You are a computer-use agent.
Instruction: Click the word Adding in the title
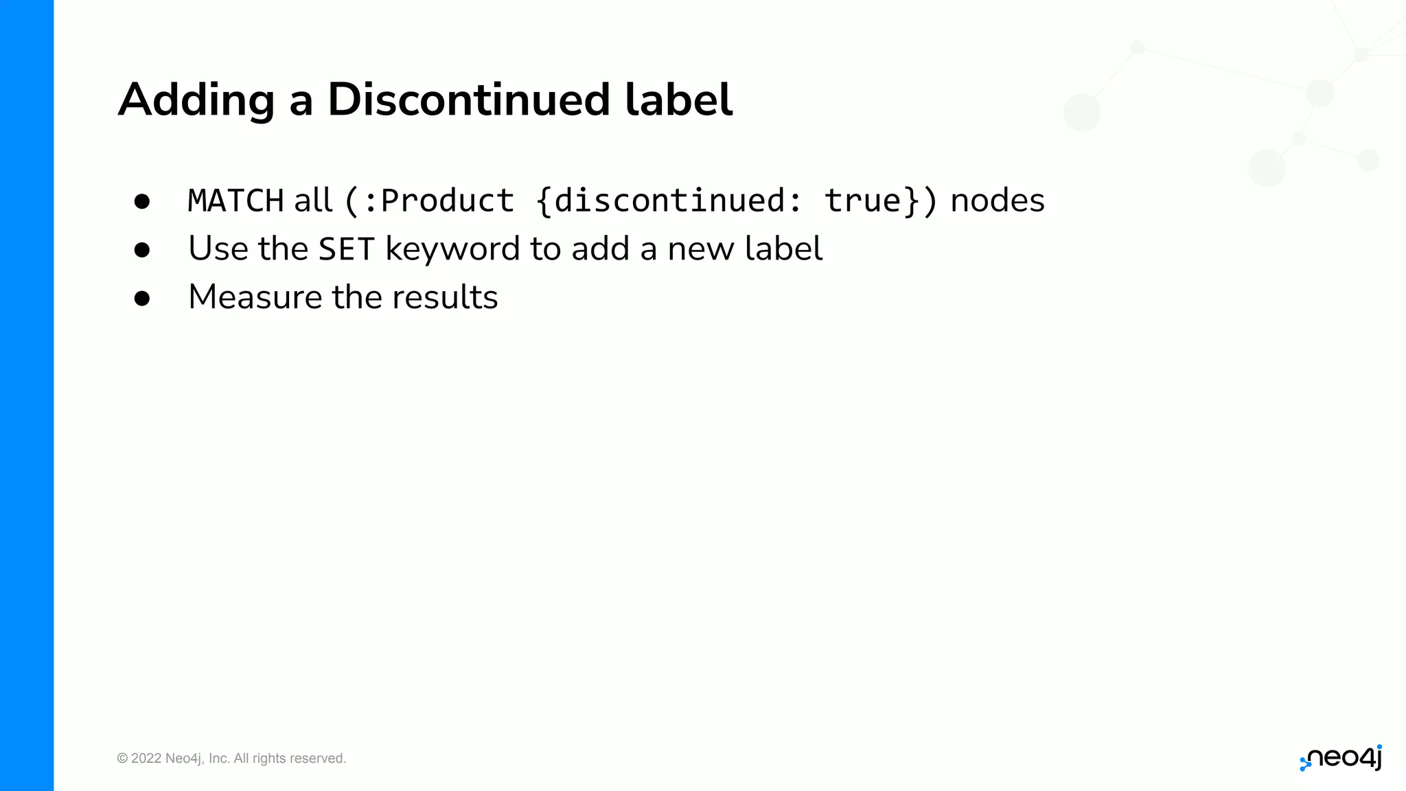tap(196, 100)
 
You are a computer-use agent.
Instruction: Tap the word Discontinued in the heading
tap(468, 100)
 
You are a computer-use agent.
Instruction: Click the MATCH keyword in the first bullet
tap(235, 201)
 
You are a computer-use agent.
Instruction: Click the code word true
tap(863, 201)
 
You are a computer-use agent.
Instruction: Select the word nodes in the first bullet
tap(997, 201)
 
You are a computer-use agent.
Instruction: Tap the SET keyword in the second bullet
tap(347, 249)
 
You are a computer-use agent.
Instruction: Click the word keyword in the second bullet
tap(452, 249)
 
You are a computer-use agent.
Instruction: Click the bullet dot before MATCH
tap(142, 202)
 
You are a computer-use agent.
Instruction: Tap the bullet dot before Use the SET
tap(142, 250)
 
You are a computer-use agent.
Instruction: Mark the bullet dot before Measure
tap(142, 298)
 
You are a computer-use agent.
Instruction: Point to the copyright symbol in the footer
tap(122, 759)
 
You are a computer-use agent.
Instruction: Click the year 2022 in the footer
tap(146, 759)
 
